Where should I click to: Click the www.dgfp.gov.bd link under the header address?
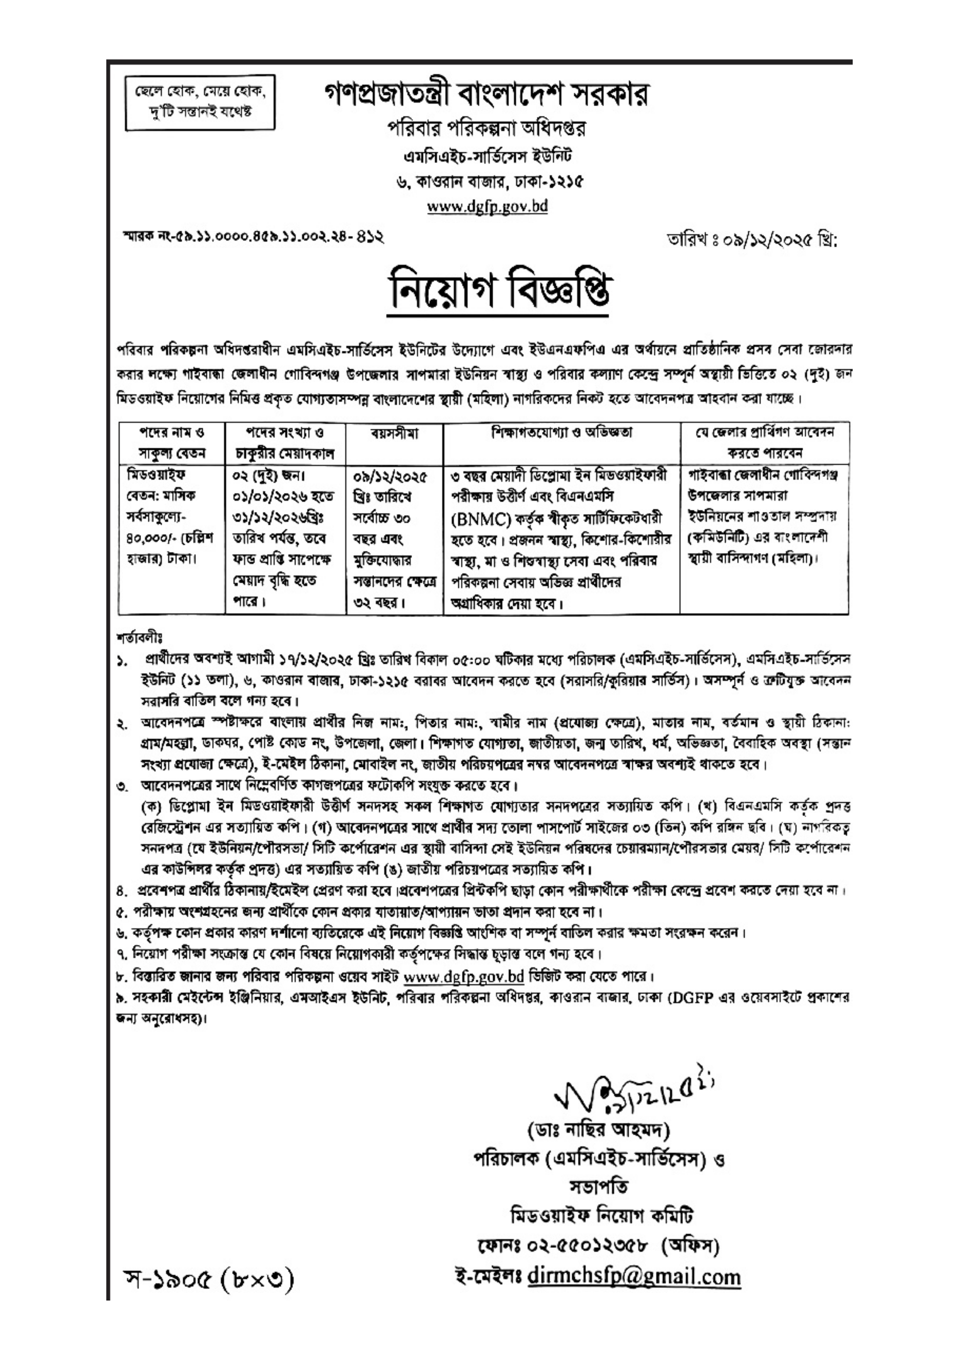click(487, 207)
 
